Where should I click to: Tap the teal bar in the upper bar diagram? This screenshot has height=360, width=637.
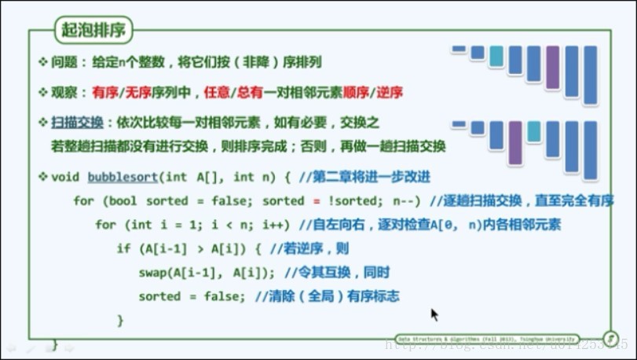coord(496,57)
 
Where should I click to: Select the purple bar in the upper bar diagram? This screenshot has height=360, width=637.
coord(553,67)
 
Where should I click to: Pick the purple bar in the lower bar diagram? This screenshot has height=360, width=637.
coord(515,142)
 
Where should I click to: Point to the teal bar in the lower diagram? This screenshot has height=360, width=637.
coord(534,131)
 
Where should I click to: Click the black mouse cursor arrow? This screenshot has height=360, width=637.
coord(434,314)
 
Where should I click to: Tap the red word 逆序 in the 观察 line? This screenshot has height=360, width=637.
coord(390,92)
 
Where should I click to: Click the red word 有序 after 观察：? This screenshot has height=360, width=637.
coord(104,92)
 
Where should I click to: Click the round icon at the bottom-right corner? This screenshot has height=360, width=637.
coord(609,338)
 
